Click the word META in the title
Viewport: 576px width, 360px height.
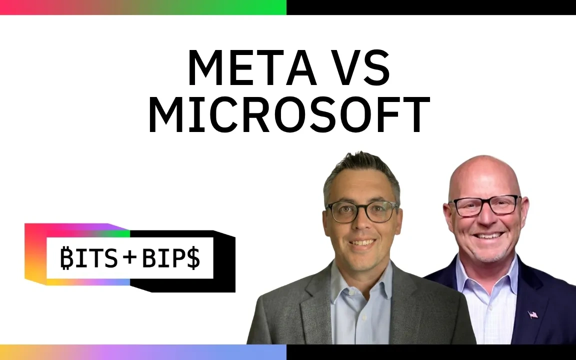[252, 67]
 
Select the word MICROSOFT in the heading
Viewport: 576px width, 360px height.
[288, 114]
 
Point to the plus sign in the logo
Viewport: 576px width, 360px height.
[130, 257]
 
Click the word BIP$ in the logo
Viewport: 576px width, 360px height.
[171, 257]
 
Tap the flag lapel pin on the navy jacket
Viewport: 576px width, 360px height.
[532, 314]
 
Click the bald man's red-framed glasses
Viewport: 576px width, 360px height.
[485, 205]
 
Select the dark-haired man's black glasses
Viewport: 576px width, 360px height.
[362, 211]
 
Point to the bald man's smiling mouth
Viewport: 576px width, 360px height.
[488, 235]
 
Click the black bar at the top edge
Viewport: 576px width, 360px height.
[431, 7]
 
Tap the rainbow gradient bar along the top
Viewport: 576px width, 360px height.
[143, 7]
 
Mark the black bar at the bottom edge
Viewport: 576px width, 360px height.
[431, 352]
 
